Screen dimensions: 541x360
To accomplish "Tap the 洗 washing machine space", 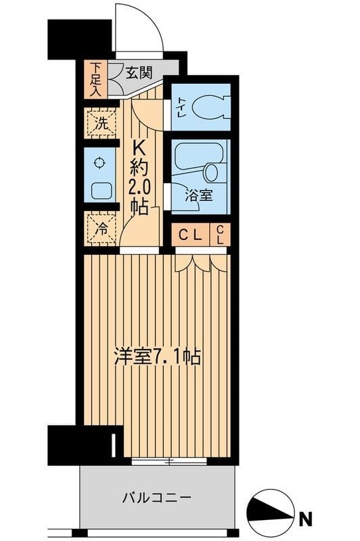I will pyautogui.click(x=100, y=123).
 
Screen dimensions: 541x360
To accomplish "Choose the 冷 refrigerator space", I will pyautogui.click(x=100, y=229).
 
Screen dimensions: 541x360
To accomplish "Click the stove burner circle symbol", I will pyautogui.click(x=100, y=162).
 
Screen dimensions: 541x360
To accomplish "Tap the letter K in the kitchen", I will pyautogui.click(x=139, y=147).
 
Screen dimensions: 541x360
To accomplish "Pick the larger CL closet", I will pyautogui.click(x=189, y=235).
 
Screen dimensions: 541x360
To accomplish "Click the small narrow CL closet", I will pyautogui.click(x=222, y=235).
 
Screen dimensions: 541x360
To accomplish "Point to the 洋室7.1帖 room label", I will pyautogui.click(x=157, y=356).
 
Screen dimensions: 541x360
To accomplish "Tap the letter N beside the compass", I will pyautogui.click(x=306, y=519).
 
